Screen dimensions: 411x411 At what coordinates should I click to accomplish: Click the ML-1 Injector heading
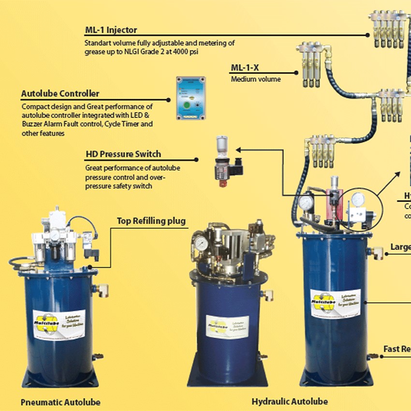pos(111,30)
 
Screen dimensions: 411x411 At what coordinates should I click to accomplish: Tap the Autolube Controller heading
pos(60,94)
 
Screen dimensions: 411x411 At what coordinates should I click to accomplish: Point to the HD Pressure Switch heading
pos(123,155)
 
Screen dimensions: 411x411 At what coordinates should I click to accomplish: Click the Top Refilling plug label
pos(151,221)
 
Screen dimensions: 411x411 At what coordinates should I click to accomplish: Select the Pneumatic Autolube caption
pos(61,402)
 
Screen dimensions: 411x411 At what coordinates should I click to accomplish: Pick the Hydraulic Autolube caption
pos(290,401)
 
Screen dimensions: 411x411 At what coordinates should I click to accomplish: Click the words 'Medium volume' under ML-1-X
pos(256,79)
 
